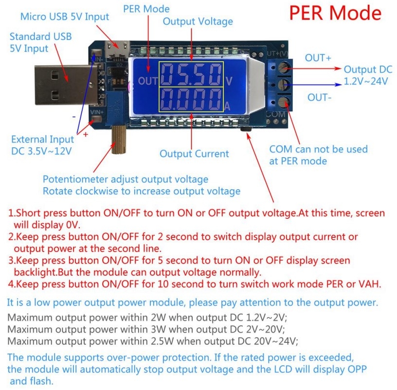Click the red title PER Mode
point(335,13)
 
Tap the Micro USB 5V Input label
point(64,17)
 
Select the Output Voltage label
point(198,21)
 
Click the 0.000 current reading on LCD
point(191,100)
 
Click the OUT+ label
point(318,58)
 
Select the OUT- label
point(320,98)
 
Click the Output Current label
point(194,154)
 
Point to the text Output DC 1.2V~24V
point(366,75)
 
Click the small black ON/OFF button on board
point(245,130)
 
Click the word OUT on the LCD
point(148,81)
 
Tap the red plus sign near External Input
point(86,134)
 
